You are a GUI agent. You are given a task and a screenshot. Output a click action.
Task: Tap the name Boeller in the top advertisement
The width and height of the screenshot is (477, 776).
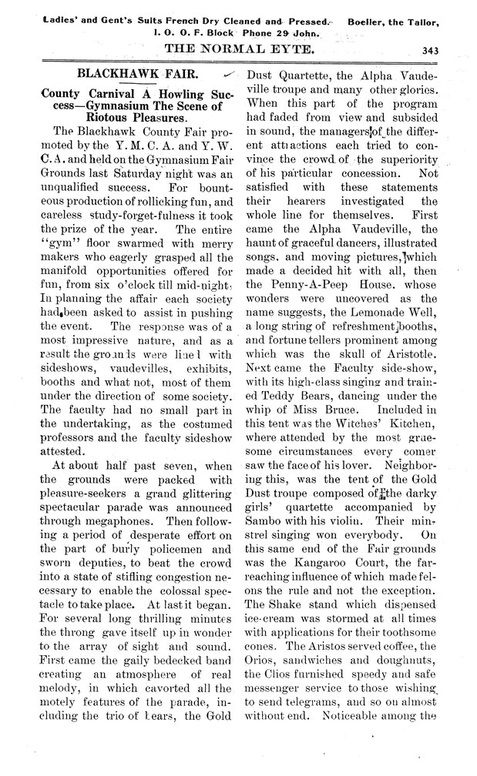371,12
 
